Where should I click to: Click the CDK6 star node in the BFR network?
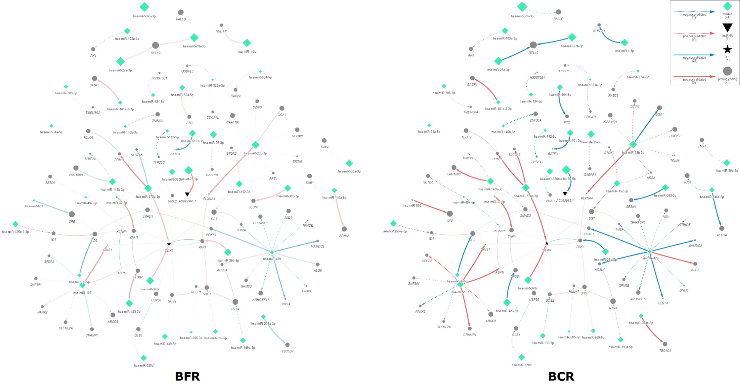169,244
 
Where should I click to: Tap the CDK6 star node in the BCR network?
547,243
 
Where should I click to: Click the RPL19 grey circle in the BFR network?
155,45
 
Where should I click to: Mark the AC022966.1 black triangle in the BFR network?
187,194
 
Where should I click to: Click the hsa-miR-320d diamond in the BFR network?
144,358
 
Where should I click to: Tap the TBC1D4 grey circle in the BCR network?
665,344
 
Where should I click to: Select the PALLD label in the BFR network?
181,19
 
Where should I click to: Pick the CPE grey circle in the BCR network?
450,214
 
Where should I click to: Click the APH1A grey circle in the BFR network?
344,229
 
